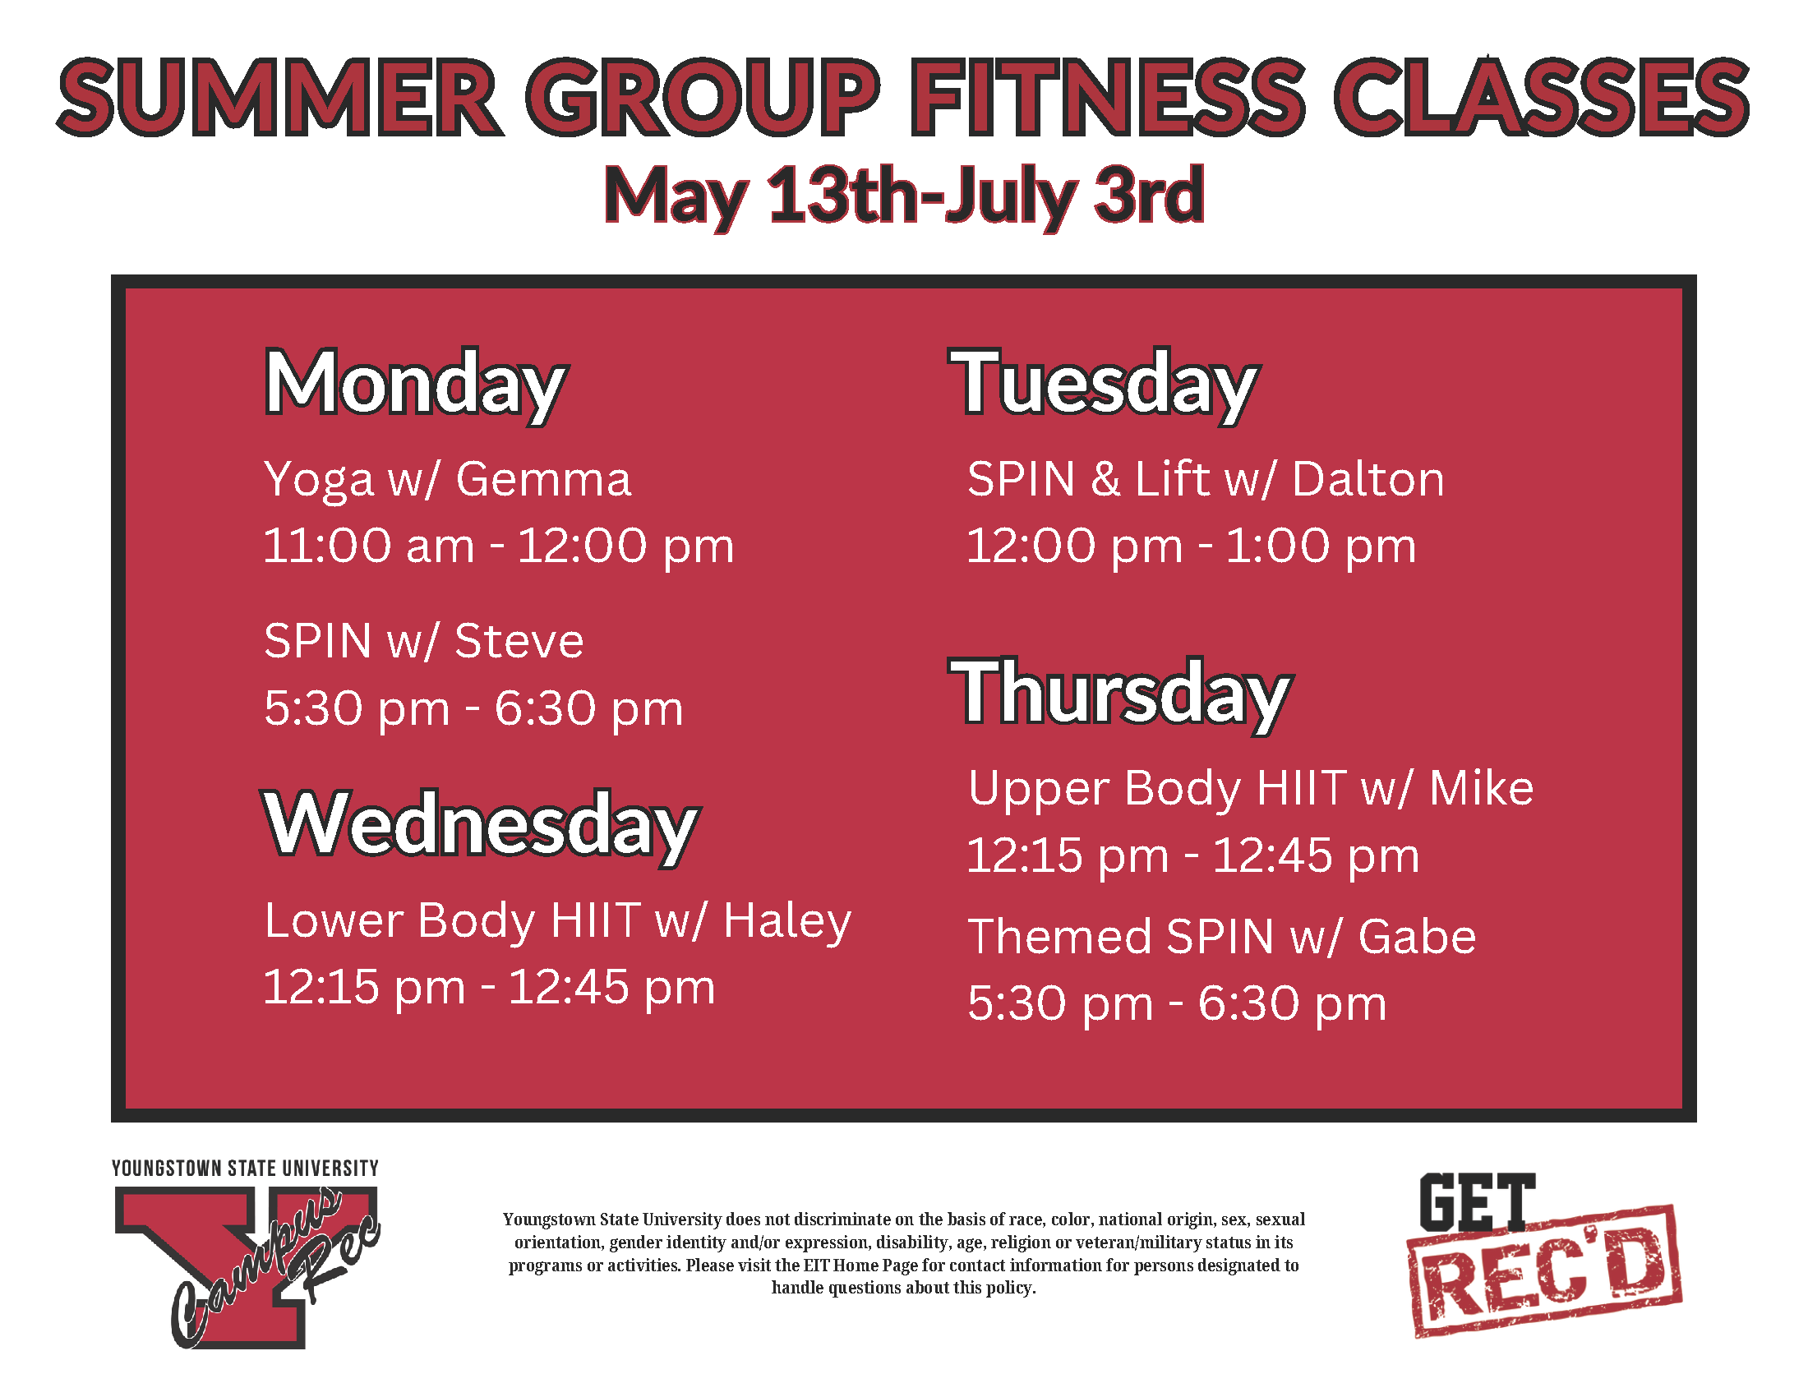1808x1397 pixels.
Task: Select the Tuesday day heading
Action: [1106, 384]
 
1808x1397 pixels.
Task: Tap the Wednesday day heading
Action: [481, 825]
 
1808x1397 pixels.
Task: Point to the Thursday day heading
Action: [1123, 694]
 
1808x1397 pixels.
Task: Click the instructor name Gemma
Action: [543, 480]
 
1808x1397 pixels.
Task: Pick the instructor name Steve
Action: [519, 642]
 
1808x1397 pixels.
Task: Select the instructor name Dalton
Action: [1368, 480]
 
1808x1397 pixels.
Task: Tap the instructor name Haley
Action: [786, 921]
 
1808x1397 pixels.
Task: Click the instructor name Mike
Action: [1481, 788]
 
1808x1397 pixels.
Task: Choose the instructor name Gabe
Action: [1417, 937]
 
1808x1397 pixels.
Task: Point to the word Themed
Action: [1059, 937]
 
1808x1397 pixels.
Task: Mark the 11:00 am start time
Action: [368, 546]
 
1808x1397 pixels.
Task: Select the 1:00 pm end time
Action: [1321, 546]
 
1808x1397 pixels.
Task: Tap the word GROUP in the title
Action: [702, 98]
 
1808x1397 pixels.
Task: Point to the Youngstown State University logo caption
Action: [245, 1169]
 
